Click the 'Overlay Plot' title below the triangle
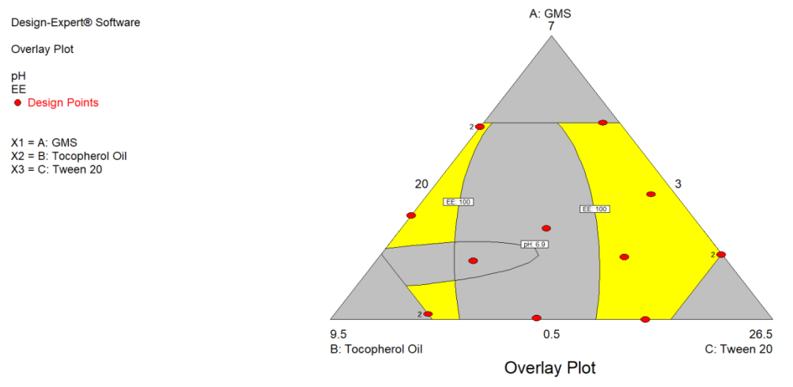550,368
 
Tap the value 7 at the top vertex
551,26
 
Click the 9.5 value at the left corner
338,334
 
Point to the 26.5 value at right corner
759,334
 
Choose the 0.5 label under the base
551,334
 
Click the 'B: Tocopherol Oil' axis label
376,348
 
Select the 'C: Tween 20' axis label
738,348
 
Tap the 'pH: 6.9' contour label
535,245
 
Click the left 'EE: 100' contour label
458,202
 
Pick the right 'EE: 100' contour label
595,209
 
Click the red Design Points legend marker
17,103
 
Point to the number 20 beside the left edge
421,184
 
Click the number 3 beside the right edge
678,184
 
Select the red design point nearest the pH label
546,228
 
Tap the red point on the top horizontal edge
602,123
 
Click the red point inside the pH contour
473,260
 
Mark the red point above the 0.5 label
536,317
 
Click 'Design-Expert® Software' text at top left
76,22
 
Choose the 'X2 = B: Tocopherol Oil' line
69,156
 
